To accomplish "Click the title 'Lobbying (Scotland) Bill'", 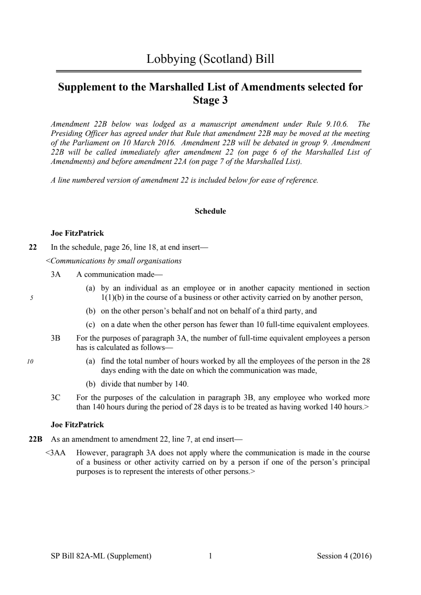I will point(210,59).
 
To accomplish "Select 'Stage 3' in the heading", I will point(210,100).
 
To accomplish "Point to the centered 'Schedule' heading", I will point(210,211).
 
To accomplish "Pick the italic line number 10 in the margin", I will point(30,361).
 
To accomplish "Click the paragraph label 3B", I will point(56,338).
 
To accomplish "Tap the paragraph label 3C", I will point(56,398).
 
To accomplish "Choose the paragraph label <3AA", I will point(55,453).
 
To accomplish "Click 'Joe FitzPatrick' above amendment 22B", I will point(77,425).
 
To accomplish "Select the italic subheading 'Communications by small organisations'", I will point(116,261).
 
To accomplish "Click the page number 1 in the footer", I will point(210,556).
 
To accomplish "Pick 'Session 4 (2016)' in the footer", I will point(344,556).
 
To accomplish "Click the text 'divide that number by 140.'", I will point(144,384).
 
